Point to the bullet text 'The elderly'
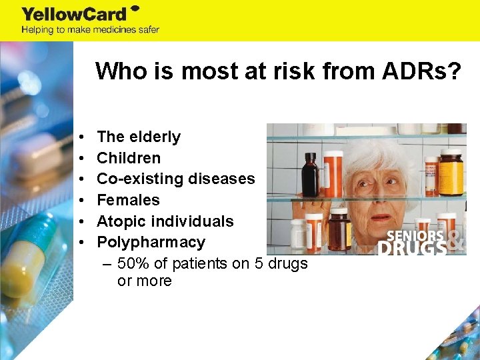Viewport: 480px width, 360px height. coord(139,137)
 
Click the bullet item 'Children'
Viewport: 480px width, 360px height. coord(129,158)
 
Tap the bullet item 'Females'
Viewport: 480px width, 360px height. coord(128,200)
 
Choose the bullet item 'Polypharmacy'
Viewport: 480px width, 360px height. coord(151,242)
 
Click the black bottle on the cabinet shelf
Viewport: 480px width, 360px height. coord(310,175)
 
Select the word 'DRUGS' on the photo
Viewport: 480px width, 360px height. coord(411,249)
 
